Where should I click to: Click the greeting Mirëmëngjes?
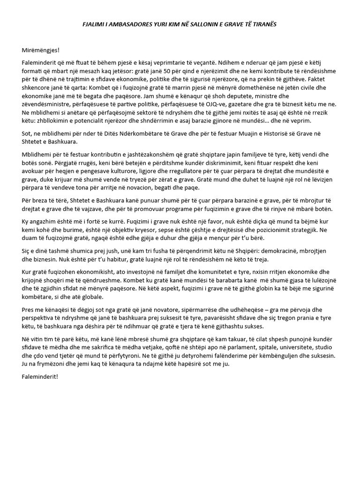(x=41, y=50)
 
